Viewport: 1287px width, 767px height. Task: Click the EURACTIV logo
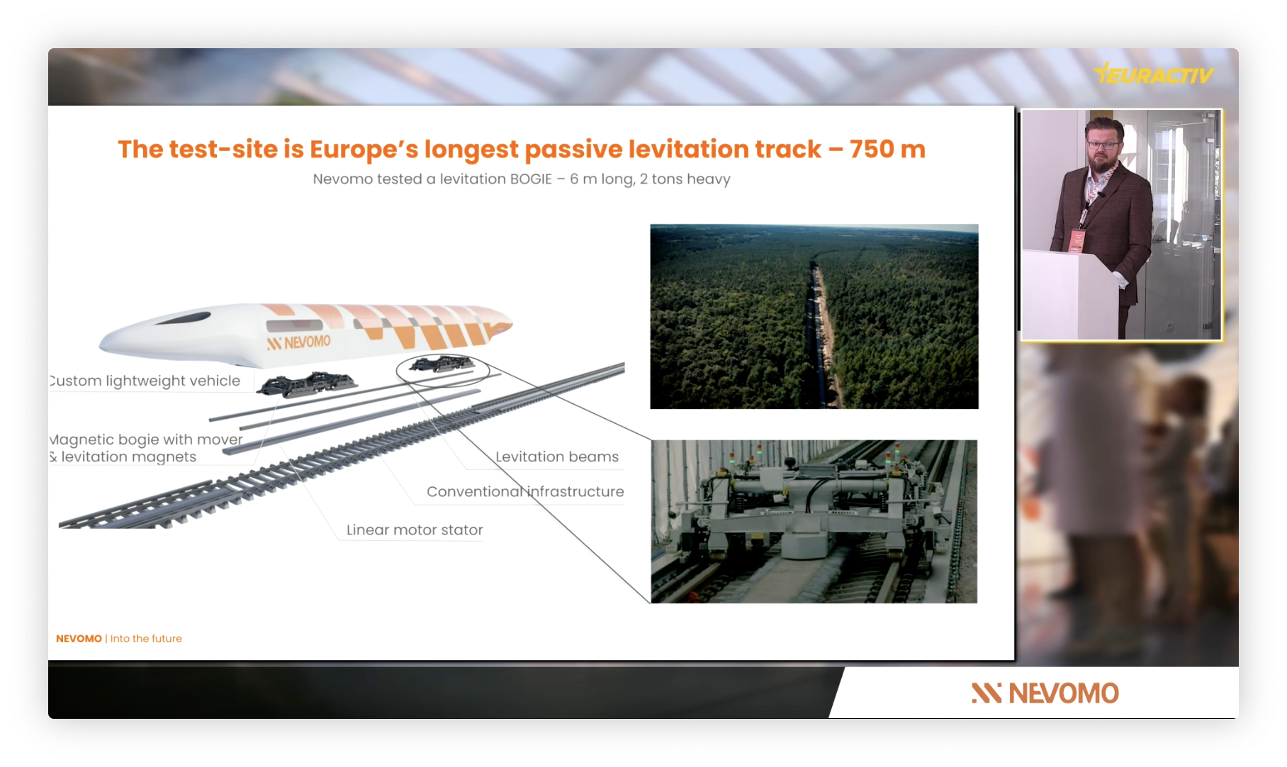click(1154, 74)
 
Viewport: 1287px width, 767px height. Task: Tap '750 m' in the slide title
click(887, 149)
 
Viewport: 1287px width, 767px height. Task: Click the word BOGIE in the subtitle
click(531, 179)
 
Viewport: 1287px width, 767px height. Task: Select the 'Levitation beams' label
click(557, 457)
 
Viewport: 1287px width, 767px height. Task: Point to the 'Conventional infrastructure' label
click(525, 491)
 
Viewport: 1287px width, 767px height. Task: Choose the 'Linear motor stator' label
click(415, 530)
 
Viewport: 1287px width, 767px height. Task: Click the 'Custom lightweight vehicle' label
click(145, 381)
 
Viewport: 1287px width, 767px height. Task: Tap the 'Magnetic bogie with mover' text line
click(146, 440)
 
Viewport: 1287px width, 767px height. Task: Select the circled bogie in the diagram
click(442, 365)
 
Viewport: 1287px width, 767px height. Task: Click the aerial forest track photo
click(814, 316)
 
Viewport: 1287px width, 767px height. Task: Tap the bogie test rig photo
click(814, 522)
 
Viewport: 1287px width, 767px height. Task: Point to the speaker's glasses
click(1103, 145)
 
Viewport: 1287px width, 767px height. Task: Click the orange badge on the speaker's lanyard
click(1077, 240)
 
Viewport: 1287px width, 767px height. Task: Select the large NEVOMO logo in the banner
click(1045, 693)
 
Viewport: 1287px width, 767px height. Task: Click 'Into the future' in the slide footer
click(146, 639)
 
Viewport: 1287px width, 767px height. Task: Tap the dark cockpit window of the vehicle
click(183, 318)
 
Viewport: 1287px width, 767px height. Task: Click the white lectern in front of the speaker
click(1069, 295)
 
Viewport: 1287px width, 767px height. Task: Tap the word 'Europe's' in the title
click(364, 150)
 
